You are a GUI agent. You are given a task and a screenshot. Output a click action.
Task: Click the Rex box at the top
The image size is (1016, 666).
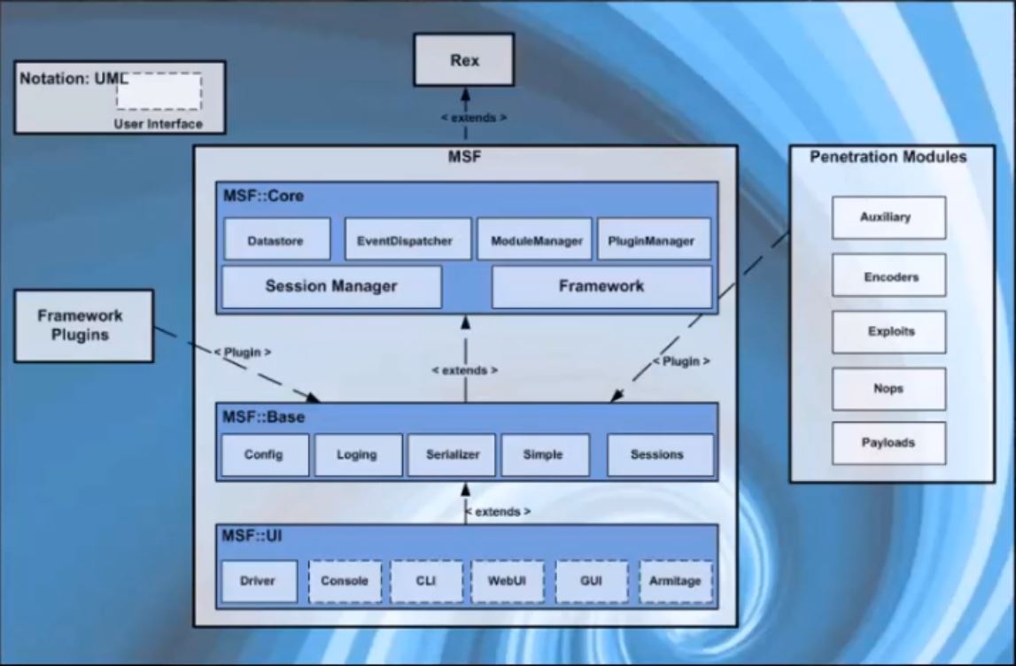[464, 60]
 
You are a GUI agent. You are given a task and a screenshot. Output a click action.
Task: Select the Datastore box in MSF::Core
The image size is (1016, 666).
[276, 240]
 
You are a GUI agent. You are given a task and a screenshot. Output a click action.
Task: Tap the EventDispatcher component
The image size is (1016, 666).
[407, 240]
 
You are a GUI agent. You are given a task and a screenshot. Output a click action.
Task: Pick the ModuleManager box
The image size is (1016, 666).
[534, 240]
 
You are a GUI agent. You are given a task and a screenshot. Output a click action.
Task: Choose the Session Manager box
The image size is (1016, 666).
[331, 287]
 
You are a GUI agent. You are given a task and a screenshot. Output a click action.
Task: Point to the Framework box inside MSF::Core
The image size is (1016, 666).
[601, 287]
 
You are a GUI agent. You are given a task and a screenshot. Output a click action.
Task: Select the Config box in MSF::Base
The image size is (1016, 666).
[264, 455]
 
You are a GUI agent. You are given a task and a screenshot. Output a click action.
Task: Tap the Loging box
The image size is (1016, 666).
[357, 455]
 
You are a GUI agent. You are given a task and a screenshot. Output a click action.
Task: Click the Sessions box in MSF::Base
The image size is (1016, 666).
[659, 455]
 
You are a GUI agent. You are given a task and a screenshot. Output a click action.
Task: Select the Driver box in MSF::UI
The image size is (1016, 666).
[259, 582]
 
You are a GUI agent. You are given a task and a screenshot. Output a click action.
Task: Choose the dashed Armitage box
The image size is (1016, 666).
[676, 582]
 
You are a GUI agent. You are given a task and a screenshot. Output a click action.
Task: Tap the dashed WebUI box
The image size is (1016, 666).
[508, 582]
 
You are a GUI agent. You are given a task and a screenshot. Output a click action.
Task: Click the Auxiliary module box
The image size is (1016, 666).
[888, 218]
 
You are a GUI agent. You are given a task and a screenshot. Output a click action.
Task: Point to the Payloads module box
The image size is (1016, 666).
[888, 443]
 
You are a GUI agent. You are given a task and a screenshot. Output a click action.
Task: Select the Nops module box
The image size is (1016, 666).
[888, 389]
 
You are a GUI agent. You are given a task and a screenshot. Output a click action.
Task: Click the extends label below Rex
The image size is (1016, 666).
[474, 118]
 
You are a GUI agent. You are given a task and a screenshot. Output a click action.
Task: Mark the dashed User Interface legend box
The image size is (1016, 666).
[159, 92]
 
